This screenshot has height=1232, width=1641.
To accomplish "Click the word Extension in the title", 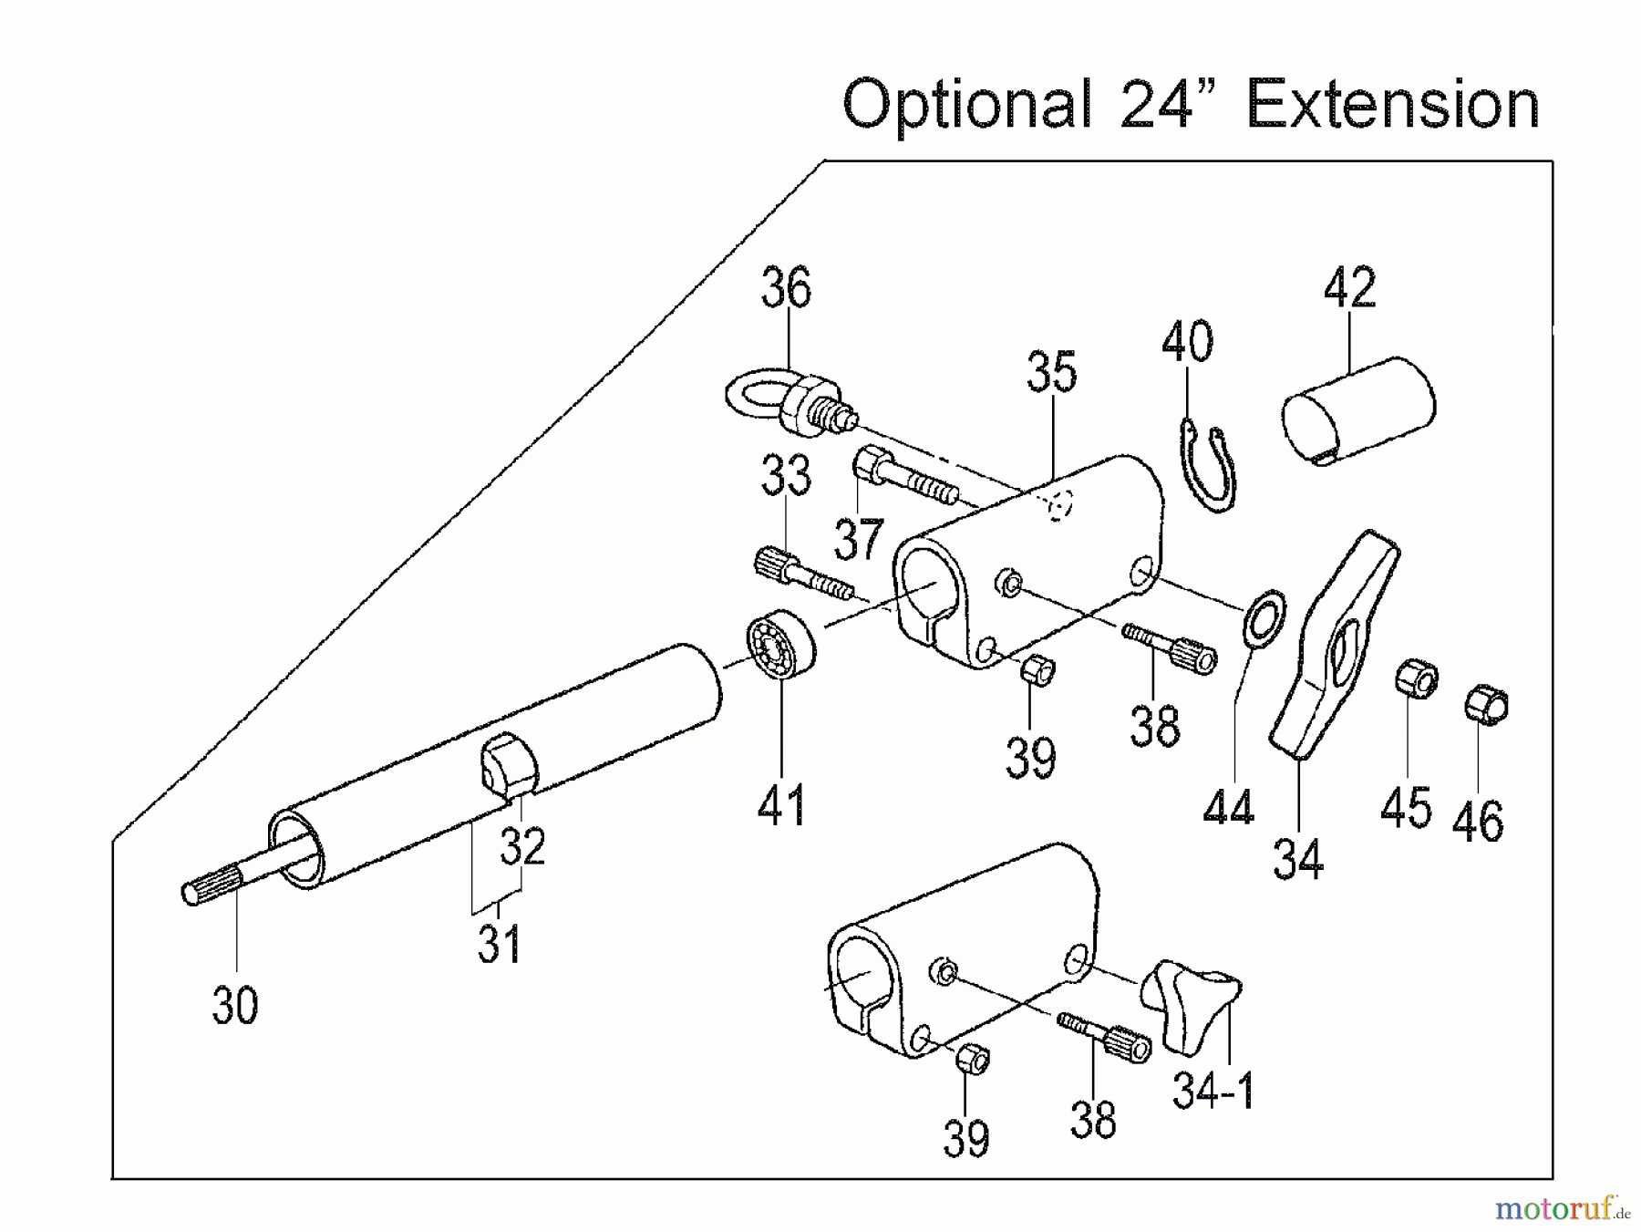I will click(x=1392, y=104).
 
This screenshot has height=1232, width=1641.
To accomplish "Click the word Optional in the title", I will click(x=966, y=104).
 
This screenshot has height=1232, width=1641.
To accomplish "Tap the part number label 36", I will click(x=785, y=288).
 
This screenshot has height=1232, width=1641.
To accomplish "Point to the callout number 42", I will click(x=1349, y=288).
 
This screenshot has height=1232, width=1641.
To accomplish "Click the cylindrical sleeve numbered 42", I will click(x=1358, y=410).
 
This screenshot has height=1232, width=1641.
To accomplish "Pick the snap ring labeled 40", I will click(x=1209, y=465).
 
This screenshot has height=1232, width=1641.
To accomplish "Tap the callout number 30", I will click(x=235, y=1005).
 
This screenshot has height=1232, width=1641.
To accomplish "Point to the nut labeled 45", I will click(x=1416, y=680).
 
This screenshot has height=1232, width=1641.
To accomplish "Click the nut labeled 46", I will click(x=1486, y=704).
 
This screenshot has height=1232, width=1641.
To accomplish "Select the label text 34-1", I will click(x=1213, y=1091).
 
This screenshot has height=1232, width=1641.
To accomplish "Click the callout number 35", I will click(x=1051, y=372).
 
